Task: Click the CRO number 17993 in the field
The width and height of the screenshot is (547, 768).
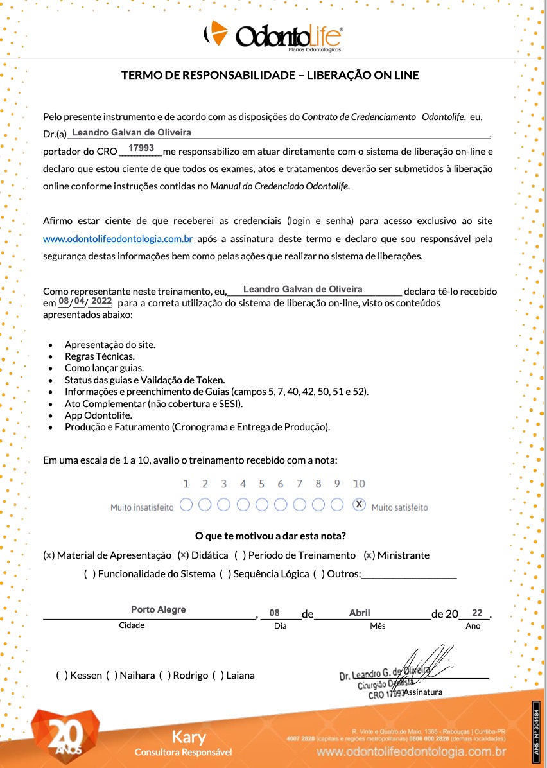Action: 141,148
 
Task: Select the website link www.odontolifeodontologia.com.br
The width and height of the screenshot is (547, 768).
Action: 118,239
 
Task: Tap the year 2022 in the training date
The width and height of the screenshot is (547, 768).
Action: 101,301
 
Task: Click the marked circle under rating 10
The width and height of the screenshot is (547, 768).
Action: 360,505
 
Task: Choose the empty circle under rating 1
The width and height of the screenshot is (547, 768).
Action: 186,505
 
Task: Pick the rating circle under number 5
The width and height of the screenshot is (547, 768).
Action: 262,505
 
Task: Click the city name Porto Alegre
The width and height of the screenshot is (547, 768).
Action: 158,609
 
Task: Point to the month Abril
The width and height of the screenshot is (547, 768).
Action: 360,613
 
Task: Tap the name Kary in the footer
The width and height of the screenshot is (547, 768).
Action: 189,737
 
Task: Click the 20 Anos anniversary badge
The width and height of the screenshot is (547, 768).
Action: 64,735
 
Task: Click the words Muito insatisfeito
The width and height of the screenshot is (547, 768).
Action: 142,507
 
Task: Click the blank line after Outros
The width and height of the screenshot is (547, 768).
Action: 409,574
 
